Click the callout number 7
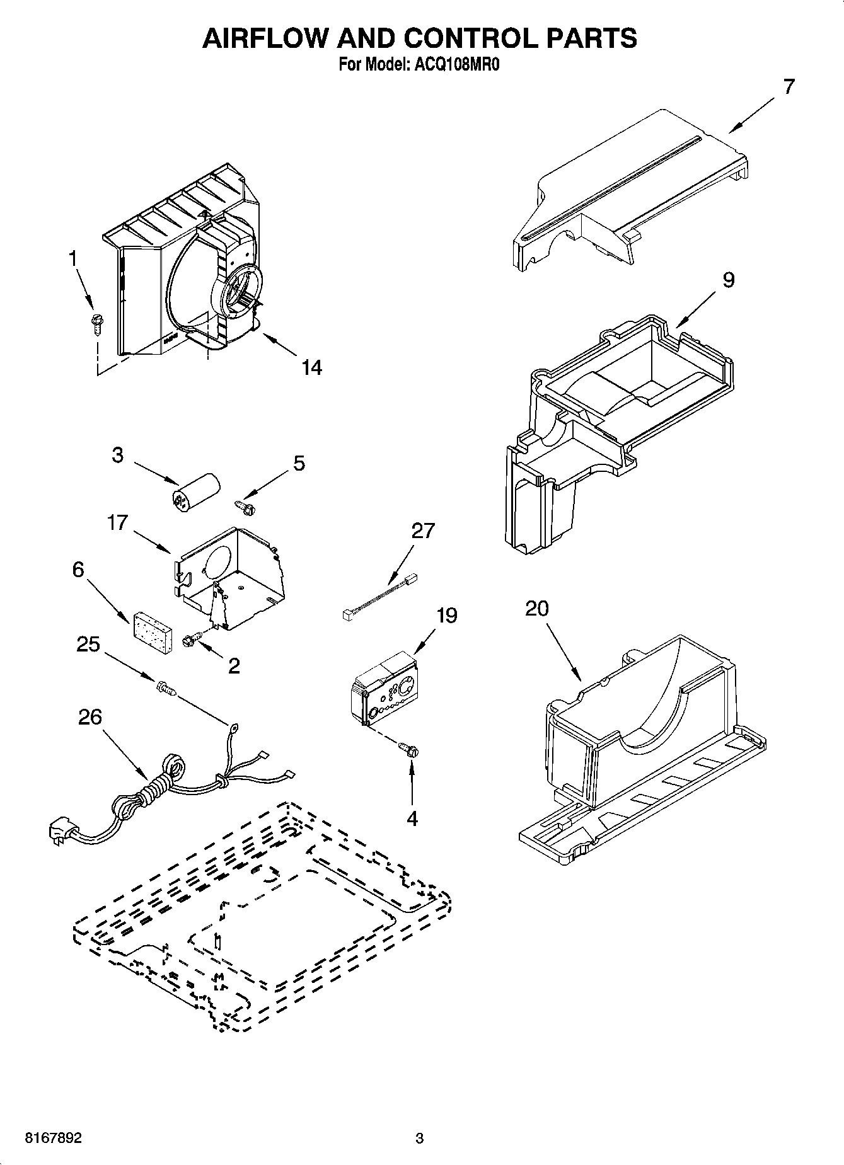point(789,87)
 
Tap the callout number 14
point(311,367)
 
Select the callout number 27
point(423,531)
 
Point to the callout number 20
point(536,609)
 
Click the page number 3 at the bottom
point(419,1139)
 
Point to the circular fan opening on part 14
point(240,289)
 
